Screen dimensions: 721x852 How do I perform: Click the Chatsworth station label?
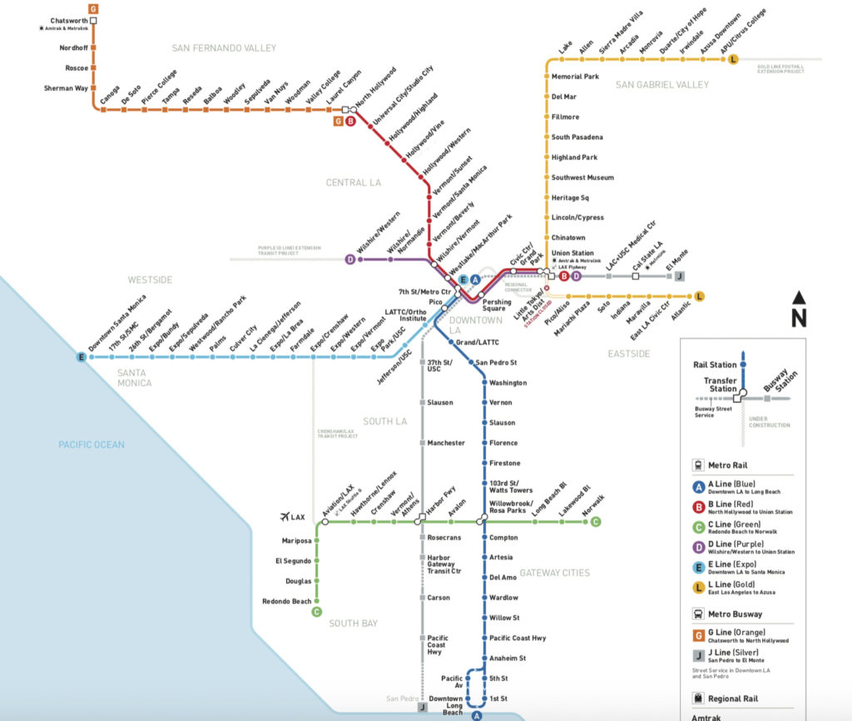[68, 20]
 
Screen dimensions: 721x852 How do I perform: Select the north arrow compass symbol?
[798, 309]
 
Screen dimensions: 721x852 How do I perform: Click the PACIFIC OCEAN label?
[92, 445]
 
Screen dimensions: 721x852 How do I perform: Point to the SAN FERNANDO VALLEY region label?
[224, 48]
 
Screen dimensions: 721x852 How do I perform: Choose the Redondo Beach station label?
[286, 601]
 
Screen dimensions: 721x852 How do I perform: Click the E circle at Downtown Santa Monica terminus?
[81, 357]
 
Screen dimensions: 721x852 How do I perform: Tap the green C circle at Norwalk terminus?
[596, 522]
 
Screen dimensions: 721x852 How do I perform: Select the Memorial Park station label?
[575, 77]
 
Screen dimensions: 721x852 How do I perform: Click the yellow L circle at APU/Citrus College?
[733, 59]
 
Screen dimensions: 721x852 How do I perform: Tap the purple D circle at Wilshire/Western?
[350, 259]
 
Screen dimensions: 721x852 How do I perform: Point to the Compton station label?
[503, 538]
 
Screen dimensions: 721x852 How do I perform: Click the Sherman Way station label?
[65, 87]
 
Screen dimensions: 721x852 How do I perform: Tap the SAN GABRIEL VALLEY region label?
[662, 85]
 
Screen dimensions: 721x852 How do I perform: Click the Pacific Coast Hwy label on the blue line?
[518, 638]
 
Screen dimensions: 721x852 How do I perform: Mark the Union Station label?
[572, 253]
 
